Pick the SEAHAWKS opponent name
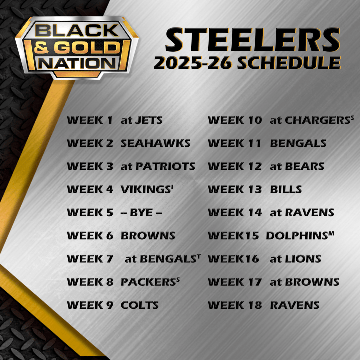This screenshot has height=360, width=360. pos(155,143)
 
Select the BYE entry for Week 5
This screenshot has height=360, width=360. pos(142,212)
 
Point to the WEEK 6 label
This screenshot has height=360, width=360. pos(90,236)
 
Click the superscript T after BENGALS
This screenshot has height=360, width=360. pos(199,256)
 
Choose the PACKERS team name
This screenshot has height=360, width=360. pos(147,282)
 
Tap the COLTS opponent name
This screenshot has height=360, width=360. pos(140,305)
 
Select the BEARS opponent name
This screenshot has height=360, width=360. pos(304,166)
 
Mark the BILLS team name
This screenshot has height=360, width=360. pos(286,189)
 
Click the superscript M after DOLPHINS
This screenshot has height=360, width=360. pos(331,233)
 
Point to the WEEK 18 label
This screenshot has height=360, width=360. pos(234,305)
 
